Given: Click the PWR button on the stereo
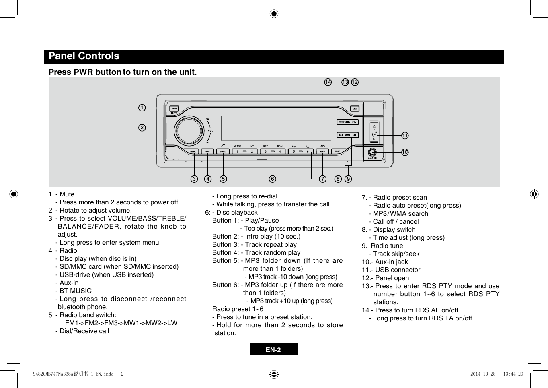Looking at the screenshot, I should point(174,109).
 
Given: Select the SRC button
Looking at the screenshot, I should point(207,151).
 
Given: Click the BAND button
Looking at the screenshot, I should point(223,151).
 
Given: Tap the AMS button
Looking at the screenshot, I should point(322,151).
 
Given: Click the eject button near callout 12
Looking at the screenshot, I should point(355,109).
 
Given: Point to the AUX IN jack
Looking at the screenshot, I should point(372,152).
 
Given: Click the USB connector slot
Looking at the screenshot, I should point(374,133).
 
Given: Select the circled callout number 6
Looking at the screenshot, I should point(273,179).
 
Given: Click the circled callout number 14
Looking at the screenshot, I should point(328,82).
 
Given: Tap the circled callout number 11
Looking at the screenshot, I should point(405,136).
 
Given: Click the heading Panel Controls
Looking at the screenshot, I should point(84,56).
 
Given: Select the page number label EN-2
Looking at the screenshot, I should point(273,349).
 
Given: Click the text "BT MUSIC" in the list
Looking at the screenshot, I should point(76,291).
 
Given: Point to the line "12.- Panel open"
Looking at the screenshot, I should point(386,278).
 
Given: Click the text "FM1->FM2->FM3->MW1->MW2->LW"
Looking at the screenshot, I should point(121,323).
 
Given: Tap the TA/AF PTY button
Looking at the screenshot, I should point(347,122).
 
